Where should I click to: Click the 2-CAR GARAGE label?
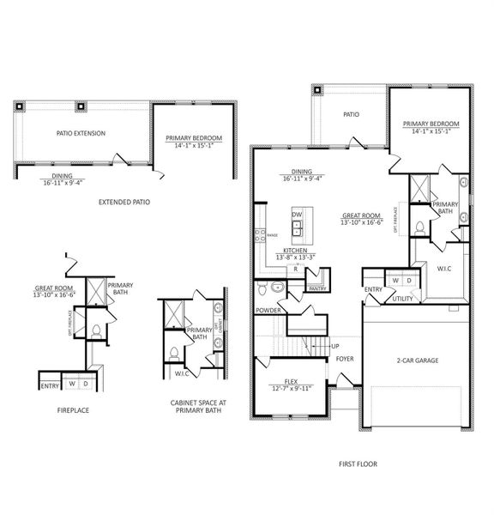[417, 360]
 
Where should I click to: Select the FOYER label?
[345, 359]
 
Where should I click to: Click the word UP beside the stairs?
[335, 346]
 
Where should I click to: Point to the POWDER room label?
[268, 310]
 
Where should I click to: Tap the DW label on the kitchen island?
[297, 214]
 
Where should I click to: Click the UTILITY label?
[403, 299]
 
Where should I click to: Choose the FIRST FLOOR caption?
[357, 464]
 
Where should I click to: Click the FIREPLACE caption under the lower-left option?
[73, 410]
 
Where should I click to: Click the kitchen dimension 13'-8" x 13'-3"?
[296, 257]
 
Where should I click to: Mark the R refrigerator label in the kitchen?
[295, 269]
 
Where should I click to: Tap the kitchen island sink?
[297, 228]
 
